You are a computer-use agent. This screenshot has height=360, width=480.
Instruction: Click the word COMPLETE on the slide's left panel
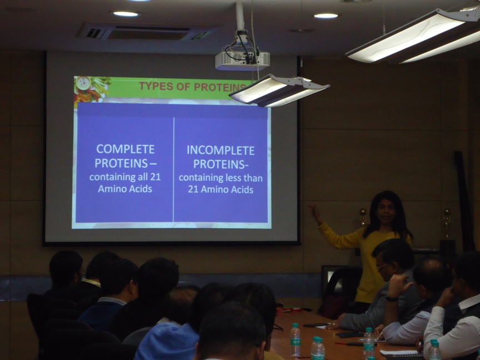[x=126, y=149]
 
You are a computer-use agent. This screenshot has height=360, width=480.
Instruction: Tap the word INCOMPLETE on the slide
[x=221, y=151]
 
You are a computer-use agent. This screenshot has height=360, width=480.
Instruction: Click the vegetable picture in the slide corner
[x=91, y=89]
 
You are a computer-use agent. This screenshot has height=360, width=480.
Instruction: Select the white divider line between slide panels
[x=173, y=170]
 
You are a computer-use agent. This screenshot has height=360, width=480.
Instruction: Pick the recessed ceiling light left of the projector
[x=126, y=14]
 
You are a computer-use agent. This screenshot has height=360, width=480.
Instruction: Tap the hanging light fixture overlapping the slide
[x=278, y=91]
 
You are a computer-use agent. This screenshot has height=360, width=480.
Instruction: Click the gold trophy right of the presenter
[x=447, y=223]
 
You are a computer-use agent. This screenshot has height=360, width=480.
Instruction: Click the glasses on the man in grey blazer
[x=382, y=267]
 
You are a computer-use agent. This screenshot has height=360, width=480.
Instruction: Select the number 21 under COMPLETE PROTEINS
[x=155, y=177]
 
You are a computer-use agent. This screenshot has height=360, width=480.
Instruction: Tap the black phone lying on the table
[x=316, y=325]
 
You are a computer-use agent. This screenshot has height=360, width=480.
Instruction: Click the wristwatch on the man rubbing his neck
[x=392, y=299]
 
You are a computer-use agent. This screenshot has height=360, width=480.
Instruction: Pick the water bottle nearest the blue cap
[x=296, y=340]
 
